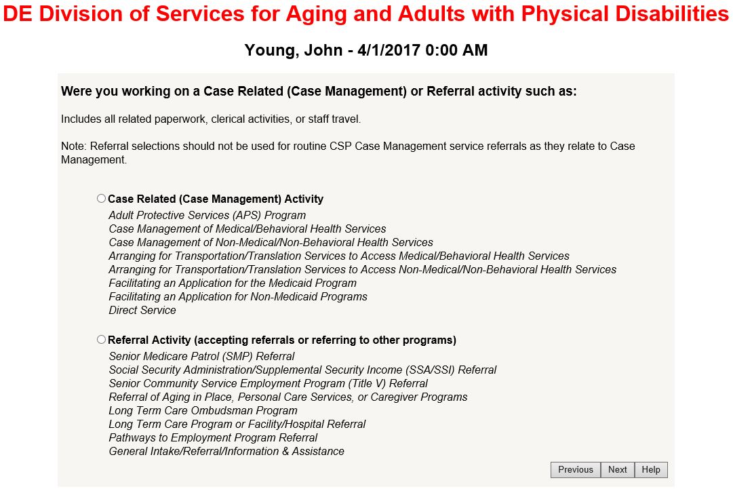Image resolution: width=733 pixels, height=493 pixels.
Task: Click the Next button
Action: [x=618, y=470]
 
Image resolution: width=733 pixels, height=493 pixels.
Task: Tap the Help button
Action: [x=651, y=470]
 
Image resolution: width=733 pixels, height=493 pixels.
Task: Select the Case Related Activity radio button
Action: [x=101, y=199]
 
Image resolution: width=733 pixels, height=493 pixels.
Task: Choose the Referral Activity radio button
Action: [x=101, y=340]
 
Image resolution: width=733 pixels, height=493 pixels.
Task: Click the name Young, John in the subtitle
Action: [x=294, y=50]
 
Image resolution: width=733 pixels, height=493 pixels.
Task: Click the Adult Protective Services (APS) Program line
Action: [x=207, y=216]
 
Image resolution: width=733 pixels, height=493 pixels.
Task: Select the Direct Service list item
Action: [x=142, y=311]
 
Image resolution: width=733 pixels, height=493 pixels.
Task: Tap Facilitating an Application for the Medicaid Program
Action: [x=233, y=283]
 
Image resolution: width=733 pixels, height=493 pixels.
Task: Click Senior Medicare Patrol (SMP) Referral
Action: [x=201, y=357]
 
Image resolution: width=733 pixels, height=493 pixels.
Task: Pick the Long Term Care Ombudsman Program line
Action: [x=203, y=411]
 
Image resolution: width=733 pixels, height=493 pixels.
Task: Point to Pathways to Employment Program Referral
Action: [x=213, y=438]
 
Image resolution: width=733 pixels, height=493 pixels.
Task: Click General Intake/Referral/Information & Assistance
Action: [x=226, y=452]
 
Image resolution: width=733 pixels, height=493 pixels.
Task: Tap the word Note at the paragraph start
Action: [x=73, y=146]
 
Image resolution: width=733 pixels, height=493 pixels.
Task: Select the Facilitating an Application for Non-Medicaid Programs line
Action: [x=238, y=297]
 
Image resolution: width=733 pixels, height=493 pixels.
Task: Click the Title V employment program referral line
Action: [x=269, y=384]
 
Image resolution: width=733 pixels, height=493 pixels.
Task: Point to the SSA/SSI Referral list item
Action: [x=302, y=370]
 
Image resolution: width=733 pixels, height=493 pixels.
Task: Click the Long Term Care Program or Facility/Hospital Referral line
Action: [x=237, y=425]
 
